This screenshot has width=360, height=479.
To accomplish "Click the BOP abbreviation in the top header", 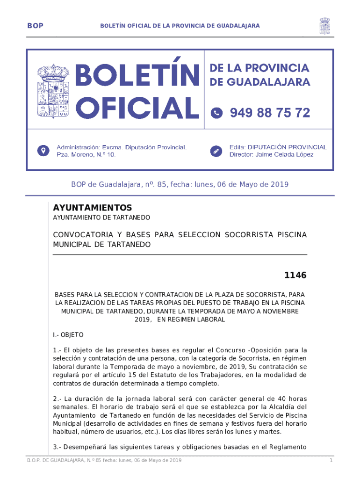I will [35, 26].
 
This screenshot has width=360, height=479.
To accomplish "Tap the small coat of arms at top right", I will [325, 26].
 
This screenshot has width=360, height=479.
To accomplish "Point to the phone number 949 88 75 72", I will [270, 113].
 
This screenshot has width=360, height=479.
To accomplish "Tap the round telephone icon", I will [216, 113].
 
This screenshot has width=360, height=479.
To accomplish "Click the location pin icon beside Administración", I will [43, 151].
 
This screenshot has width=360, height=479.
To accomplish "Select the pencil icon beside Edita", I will [216, 151].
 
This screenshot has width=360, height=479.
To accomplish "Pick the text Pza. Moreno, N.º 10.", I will [86, 154].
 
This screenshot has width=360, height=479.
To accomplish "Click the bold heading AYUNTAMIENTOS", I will [93, 208].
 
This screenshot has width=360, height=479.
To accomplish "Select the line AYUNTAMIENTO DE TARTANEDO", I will [101, 218].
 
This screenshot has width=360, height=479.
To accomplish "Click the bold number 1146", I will [296, 276].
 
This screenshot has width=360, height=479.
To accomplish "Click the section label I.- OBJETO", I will [68, 335].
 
